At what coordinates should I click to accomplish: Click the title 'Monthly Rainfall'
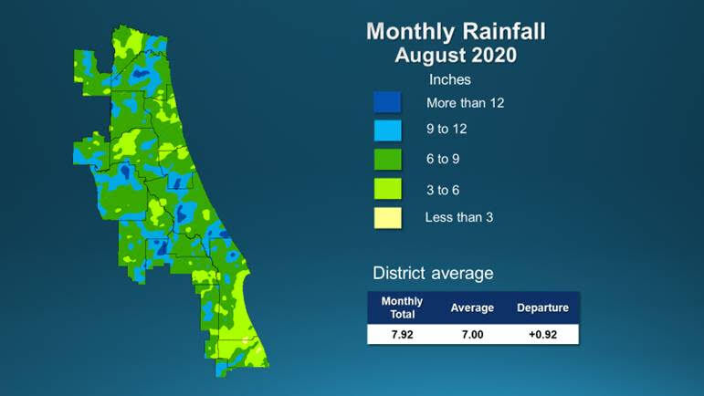coord(456,32)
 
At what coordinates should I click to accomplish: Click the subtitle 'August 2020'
coord(456,56)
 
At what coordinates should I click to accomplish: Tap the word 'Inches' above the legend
coord(449,80)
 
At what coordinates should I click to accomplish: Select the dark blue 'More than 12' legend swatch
coord(388,102)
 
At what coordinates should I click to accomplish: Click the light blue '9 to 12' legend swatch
coord(388,130)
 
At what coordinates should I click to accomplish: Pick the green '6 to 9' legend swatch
coord(388,160)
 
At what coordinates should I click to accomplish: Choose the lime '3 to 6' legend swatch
coord(388,189)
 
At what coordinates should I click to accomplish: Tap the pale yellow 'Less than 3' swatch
coord(388,218)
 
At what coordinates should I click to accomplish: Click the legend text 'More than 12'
coord(466,102)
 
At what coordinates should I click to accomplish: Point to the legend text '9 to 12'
coord(447,130)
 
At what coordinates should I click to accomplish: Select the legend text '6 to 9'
coord(443,159)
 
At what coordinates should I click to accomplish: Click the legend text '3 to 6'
coord(443,188)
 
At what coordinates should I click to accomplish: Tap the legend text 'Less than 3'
coord(459,217)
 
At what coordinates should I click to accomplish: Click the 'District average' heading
coord(433,273)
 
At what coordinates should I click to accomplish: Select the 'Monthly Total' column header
coord(402,307)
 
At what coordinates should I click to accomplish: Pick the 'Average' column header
coord(472,307)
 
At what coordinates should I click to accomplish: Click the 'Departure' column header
coord(542,307)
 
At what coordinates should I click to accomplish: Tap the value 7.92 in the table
coord(402,334)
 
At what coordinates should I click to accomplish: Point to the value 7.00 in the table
coord(472,334)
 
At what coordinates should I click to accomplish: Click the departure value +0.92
coord(542,334)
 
